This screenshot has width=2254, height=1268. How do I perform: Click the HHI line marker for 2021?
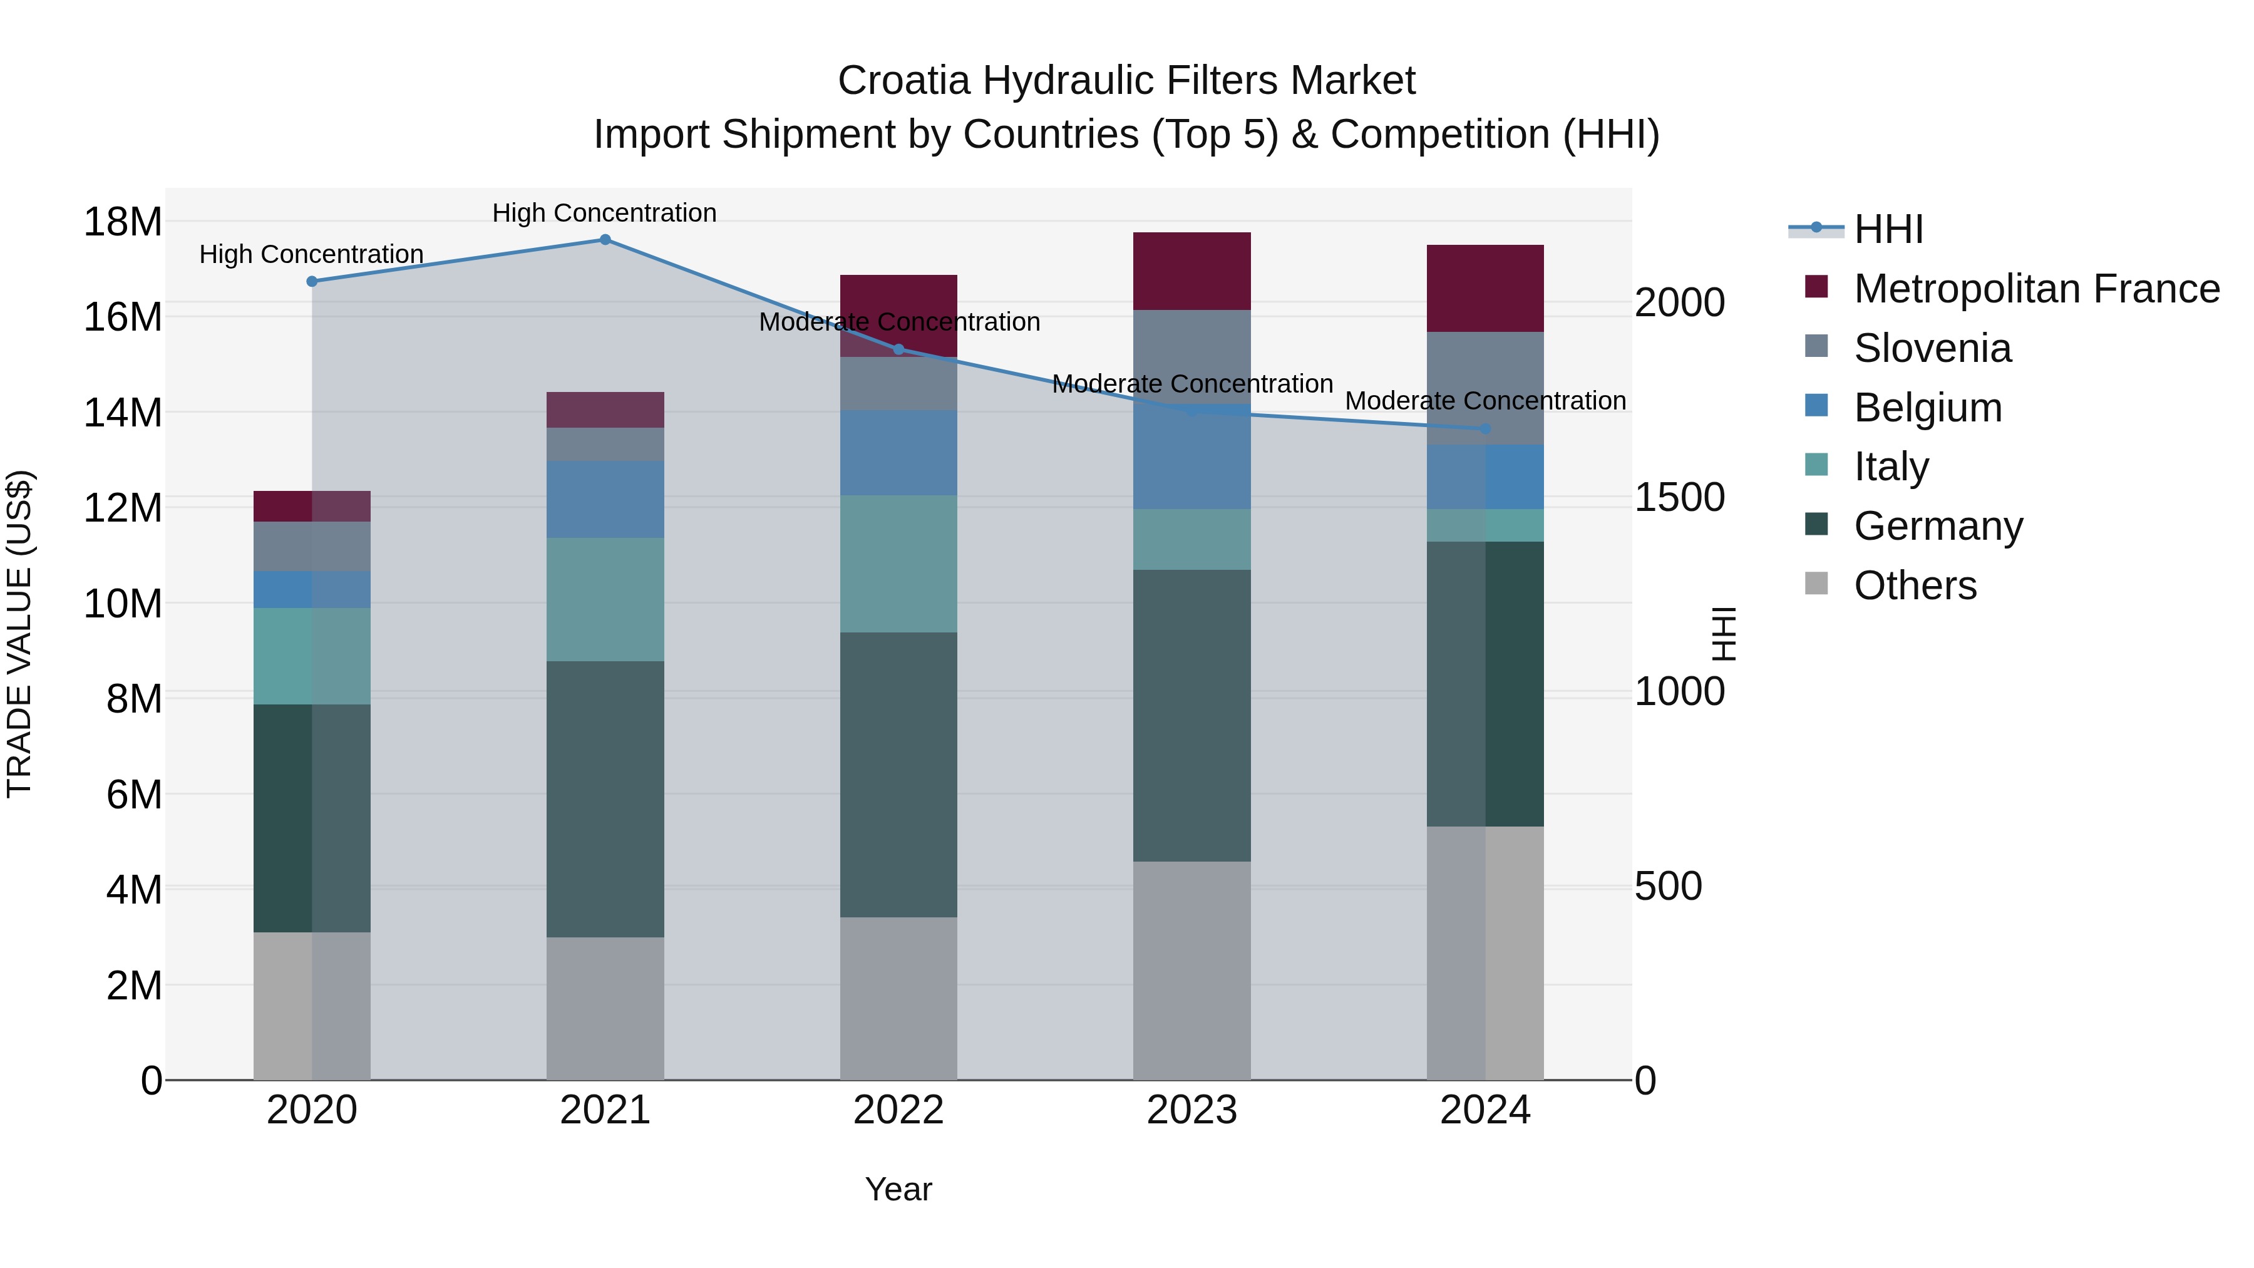click(605, 240)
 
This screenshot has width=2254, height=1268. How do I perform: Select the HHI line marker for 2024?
click(1485, 429)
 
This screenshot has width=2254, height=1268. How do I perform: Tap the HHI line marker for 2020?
click(312, 281)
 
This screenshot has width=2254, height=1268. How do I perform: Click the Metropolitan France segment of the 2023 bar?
click(1191, 271)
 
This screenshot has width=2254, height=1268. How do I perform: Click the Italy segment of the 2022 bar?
click(898, 564)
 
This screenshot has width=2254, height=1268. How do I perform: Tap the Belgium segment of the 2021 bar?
click(605, 499)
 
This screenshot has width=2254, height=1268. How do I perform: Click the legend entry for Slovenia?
click(1932, 348)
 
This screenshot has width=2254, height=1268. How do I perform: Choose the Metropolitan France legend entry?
click(2036, 289)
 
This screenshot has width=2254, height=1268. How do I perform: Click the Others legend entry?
click(1915, 585)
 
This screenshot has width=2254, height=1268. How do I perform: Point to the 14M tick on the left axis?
click(123, 412)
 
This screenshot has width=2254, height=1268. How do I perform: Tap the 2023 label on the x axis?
click(1191, 1110)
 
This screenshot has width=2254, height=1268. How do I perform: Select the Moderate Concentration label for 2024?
click(1485, 401)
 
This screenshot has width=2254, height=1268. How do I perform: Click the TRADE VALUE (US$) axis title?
click(19, 634)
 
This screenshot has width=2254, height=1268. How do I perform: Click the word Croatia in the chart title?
click(903, 81)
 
